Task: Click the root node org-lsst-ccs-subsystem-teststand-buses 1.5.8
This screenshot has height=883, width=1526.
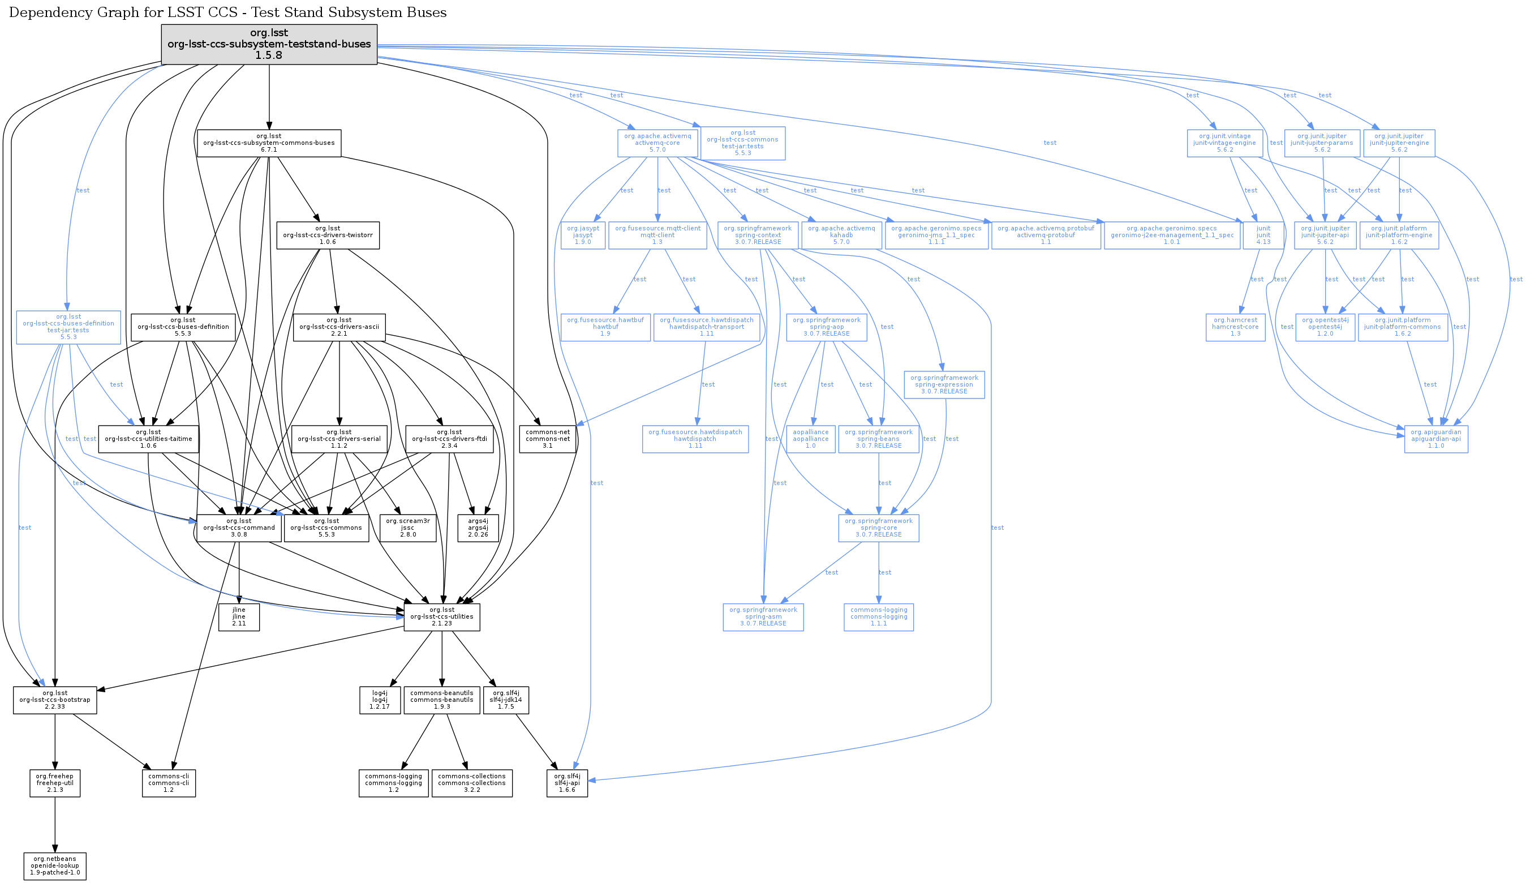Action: coord(269,44)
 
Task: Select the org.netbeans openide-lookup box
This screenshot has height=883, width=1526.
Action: coord(55,866)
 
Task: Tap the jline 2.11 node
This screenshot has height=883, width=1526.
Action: coord(239,616)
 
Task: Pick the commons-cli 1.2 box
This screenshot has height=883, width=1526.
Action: coord(169,783)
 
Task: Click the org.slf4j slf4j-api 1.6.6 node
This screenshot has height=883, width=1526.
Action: coord(567,783)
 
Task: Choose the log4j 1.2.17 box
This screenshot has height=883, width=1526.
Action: coord(380,700)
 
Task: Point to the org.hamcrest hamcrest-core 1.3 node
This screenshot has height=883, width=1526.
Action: coord(1235,327)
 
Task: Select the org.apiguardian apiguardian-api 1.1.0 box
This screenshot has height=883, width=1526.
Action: coord(1436,439)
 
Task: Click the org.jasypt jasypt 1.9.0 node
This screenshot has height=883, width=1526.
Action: coord(583,235)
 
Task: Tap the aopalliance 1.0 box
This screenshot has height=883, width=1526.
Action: coord(810,439)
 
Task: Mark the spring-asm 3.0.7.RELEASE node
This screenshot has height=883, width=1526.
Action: coord(763,616)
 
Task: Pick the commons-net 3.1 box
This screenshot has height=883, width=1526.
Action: coord(547,439)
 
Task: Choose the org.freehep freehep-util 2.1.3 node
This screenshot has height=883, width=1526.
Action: coord(55,783)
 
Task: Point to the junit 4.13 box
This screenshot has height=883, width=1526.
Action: coord(1263,235)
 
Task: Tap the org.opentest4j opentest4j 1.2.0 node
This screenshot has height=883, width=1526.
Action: coord(1325,327)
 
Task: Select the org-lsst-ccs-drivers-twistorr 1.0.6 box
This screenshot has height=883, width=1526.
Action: coord(328,235)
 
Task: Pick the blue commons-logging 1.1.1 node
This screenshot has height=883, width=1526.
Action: coord(879,616)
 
